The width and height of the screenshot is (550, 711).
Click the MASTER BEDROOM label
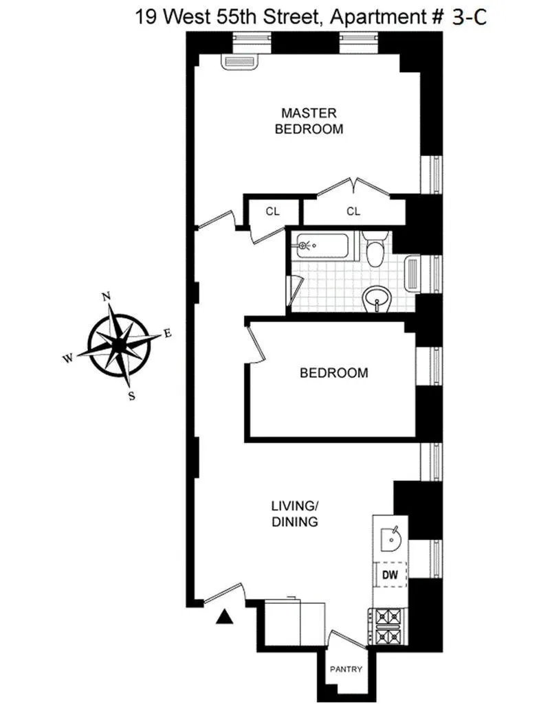pos(309,120)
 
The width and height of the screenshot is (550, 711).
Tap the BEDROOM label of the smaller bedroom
pos(333,373)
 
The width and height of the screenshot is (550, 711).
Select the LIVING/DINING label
pos(294,515)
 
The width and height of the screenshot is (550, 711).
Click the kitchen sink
pos(390,536)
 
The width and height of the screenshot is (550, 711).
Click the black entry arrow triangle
pos(223,618)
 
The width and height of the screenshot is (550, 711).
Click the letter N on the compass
pos(107,297)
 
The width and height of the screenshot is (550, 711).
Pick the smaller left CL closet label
pos(273,212)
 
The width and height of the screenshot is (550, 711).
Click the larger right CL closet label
pos(353,212)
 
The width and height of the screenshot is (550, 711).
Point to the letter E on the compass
pos(167,334)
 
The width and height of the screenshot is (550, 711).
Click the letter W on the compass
pos(69,357)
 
